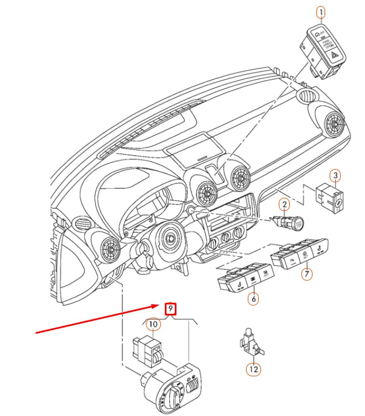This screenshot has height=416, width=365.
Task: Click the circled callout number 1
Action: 321,12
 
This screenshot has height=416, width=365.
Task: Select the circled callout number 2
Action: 283,206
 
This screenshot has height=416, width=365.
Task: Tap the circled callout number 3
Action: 336,176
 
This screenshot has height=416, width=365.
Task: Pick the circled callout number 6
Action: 253,299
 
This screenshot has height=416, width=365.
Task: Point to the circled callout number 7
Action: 306,273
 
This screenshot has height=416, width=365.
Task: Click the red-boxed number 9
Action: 171,308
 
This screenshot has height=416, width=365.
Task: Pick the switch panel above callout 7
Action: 299,253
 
